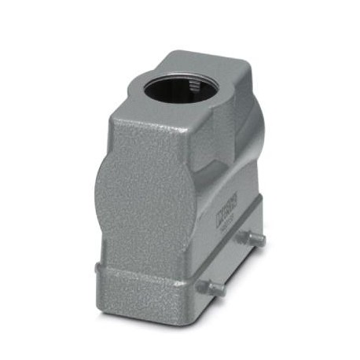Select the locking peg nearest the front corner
click(x=211, y=288)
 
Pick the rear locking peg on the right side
click(x=255, y=238)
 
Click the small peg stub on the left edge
click(x=97, y=267)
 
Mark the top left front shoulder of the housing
click(x=110, y=118)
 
